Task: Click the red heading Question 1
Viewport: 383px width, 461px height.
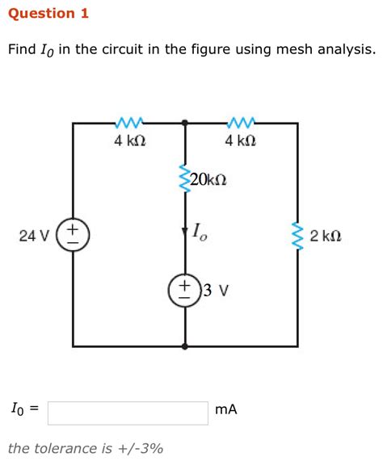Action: coord(48,14)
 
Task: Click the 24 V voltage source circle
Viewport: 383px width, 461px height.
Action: coord(73,235)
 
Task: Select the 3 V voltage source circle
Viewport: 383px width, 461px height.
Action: coord(185,291)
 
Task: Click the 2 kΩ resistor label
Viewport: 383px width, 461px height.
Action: coord(326,236)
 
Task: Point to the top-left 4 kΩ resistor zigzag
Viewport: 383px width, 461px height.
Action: coord(129,123)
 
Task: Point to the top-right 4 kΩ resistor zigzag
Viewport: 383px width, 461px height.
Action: coord(241,123)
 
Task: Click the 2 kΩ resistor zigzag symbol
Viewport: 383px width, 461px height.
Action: coord(297,235)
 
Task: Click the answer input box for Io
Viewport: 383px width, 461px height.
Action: coord(128,411)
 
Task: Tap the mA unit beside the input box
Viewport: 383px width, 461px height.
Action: coord(226,410)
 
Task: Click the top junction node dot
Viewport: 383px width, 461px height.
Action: coord(186,123)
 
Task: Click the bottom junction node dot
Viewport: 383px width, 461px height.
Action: coord(186,346)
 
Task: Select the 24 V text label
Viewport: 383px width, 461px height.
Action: coord(34,236)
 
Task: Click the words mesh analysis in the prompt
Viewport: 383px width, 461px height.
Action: coord(324,50)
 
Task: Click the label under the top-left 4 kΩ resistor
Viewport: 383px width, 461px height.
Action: coord(129,141)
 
